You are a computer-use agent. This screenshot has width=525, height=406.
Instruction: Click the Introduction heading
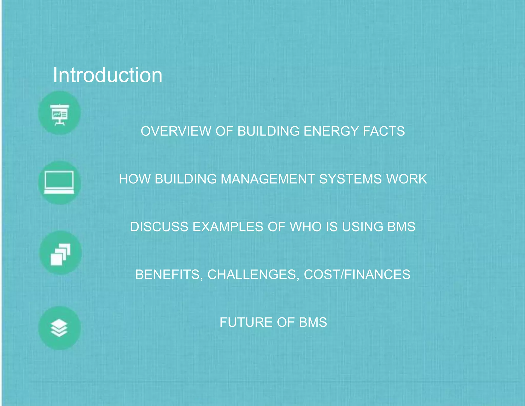[x=108, y=75]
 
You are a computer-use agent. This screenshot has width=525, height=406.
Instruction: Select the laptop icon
[x=59, y=182]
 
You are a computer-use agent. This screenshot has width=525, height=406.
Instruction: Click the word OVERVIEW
[x=176, y=131]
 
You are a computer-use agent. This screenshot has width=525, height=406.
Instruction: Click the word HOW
[x=135, y=179]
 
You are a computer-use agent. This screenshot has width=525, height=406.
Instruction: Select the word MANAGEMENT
[x=268, y=179]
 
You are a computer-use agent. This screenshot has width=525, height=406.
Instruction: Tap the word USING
[x=362, y=227]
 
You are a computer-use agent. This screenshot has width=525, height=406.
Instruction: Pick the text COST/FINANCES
[x=357, y=274]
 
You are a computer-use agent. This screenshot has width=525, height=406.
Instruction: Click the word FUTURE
[x=246, y=322]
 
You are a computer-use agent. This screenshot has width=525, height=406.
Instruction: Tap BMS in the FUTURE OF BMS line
[x=313, y=322]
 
